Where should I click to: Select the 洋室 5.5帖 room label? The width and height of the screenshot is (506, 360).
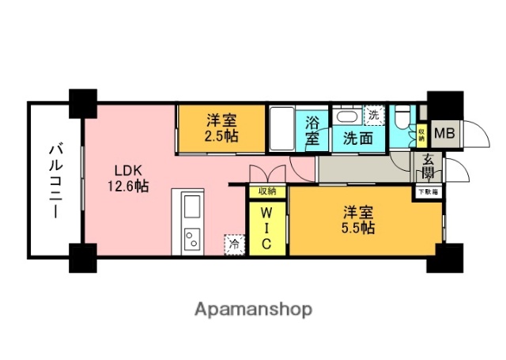(x=359, y=220)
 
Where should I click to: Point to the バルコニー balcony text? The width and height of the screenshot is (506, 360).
(x=56, y=180)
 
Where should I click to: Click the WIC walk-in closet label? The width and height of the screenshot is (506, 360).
(x=266, y=229)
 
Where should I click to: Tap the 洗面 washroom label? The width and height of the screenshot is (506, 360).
(x=357, y=138)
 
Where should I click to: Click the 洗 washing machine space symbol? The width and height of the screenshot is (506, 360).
(x=373, y=115)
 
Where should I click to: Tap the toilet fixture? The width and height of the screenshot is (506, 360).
(x=401, y=119)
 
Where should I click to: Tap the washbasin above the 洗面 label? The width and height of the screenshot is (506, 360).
(x=347, y=116)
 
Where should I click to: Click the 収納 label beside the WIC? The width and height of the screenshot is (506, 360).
(x=266, y=191)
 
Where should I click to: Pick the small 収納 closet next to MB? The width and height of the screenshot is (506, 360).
(x=421, y=133)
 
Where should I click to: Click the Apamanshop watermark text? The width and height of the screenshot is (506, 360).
(x=253, y=308)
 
